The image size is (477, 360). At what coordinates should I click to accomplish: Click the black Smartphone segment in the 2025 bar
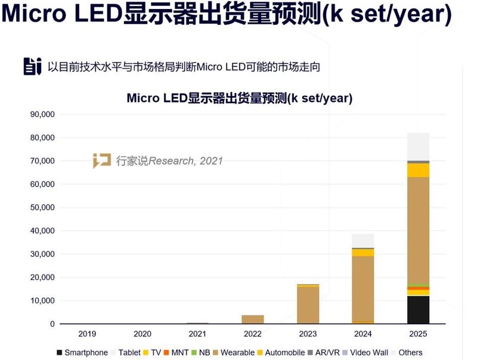[418, 309]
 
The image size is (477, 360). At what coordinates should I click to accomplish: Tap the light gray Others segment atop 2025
[418, 147]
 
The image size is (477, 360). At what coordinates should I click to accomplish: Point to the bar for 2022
[253, 319]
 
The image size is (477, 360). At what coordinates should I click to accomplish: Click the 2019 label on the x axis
[88, 334]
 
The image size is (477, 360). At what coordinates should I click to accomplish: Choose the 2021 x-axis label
[197, 334]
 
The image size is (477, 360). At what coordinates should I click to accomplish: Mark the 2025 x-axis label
[418, 334]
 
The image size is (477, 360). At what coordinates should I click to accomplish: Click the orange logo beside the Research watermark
[101, 160]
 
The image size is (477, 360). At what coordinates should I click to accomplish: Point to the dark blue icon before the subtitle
[32, 66]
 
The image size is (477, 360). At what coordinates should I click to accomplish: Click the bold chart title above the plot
[239, 98]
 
